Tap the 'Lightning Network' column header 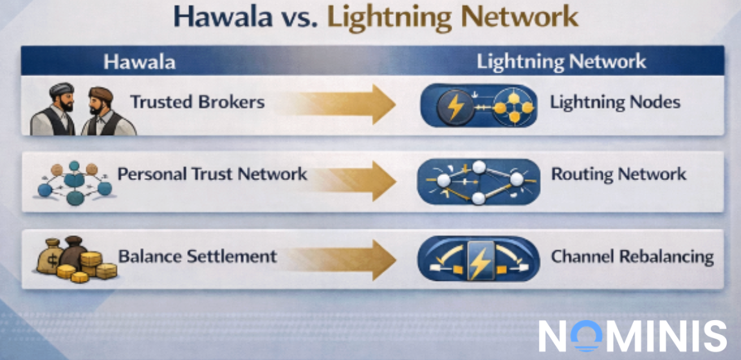(561, 62)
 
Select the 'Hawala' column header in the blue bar (140, 62)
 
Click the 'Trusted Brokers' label (197, 102)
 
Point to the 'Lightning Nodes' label (616, 102)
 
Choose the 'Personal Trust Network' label (212, 174)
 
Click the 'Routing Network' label (619, 174)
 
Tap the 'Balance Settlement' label (197, 256)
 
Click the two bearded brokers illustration (82, 111)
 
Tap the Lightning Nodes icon (479, 104)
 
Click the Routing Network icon (479, 181)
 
